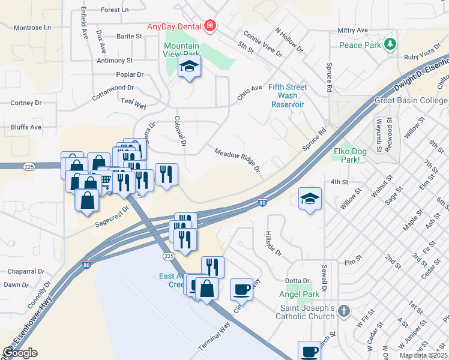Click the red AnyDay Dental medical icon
tap(210, 25)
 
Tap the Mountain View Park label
tap(181, 50)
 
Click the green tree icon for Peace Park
tap(391, 44)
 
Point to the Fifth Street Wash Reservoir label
tap(288, 95)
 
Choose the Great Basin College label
tap(411, 100)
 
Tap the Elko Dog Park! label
tap(350, 155)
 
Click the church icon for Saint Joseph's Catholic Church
tap(343, 311)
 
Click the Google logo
tap(20, 352)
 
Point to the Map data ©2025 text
tap(423, 355)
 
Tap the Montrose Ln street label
tap(32, 28)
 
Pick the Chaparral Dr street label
tap(23, 271)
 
